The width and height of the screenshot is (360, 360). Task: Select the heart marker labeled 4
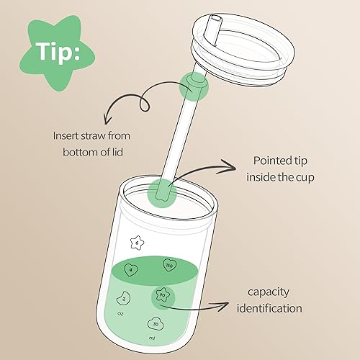(x=130, y=270)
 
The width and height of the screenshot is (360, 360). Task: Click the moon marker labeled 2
(x=124, y=298)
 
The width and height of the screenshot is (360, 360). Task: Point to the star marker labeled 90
(x=162, y=295)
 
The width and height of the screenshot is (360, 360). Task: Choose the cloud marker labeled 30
(x=156, y=323)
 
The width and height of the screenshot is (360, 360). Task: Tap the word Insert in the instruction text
(x=67, y=135)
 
